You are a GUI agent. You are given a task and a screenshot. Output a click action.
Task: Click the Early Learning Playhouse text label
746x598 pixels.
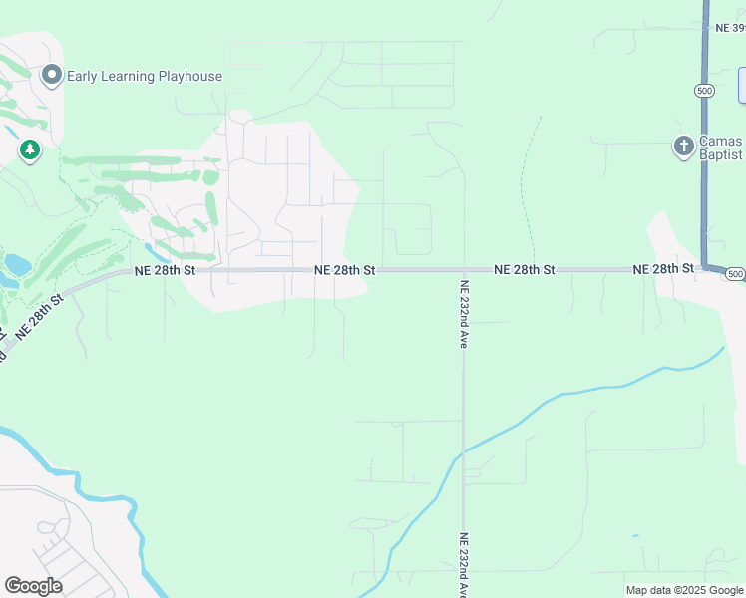tap(146, 76)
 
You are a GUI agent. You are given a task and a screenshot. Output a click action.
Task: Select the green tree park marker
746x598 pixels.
tap(30, 150)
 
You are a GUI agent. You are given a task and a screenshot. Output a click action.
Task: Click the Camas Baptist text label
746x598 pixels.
tap(720, 148)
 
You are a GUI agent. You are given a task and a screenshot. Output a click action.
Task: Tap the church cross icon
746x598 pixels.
tap(683, 147)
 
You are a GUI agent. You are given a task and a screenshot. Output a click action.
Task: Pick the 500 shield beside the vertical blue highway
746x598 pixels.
tap(704, 90)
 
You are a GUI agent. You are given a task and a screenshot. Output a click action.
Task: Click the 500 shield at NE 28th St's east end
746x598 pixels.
tap(735, 273)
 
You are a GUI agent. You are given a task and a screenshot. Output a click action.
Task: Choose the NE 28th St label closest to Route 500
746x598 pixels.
tap(663, 269)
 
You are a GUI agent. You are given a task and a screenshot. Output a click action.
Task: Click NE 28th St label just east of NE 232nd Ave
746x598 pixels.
tap(525, 270)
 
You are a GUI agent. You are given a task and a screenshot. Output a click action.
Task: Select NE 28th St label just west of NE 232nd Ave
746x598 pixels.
tap(345, 270)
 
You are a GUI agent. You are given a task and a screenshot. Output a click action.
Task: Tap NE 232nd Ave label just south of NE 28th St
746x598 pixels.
tap(464, 313)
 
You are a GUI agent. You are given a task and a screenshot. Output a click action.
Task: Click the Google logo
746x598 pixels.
tap(33, 586)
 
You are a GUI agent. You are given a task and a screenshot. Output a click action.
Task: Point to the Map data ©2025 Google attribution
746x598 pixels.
tap(684, 590)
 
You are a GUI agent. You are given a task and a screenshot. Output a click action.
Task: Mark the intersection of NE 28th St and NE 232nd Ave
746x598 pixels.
tap(464, 270)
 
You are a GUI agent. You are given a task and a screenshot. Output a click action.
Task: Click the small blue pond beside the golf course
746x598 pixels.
tap(17, 264)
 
